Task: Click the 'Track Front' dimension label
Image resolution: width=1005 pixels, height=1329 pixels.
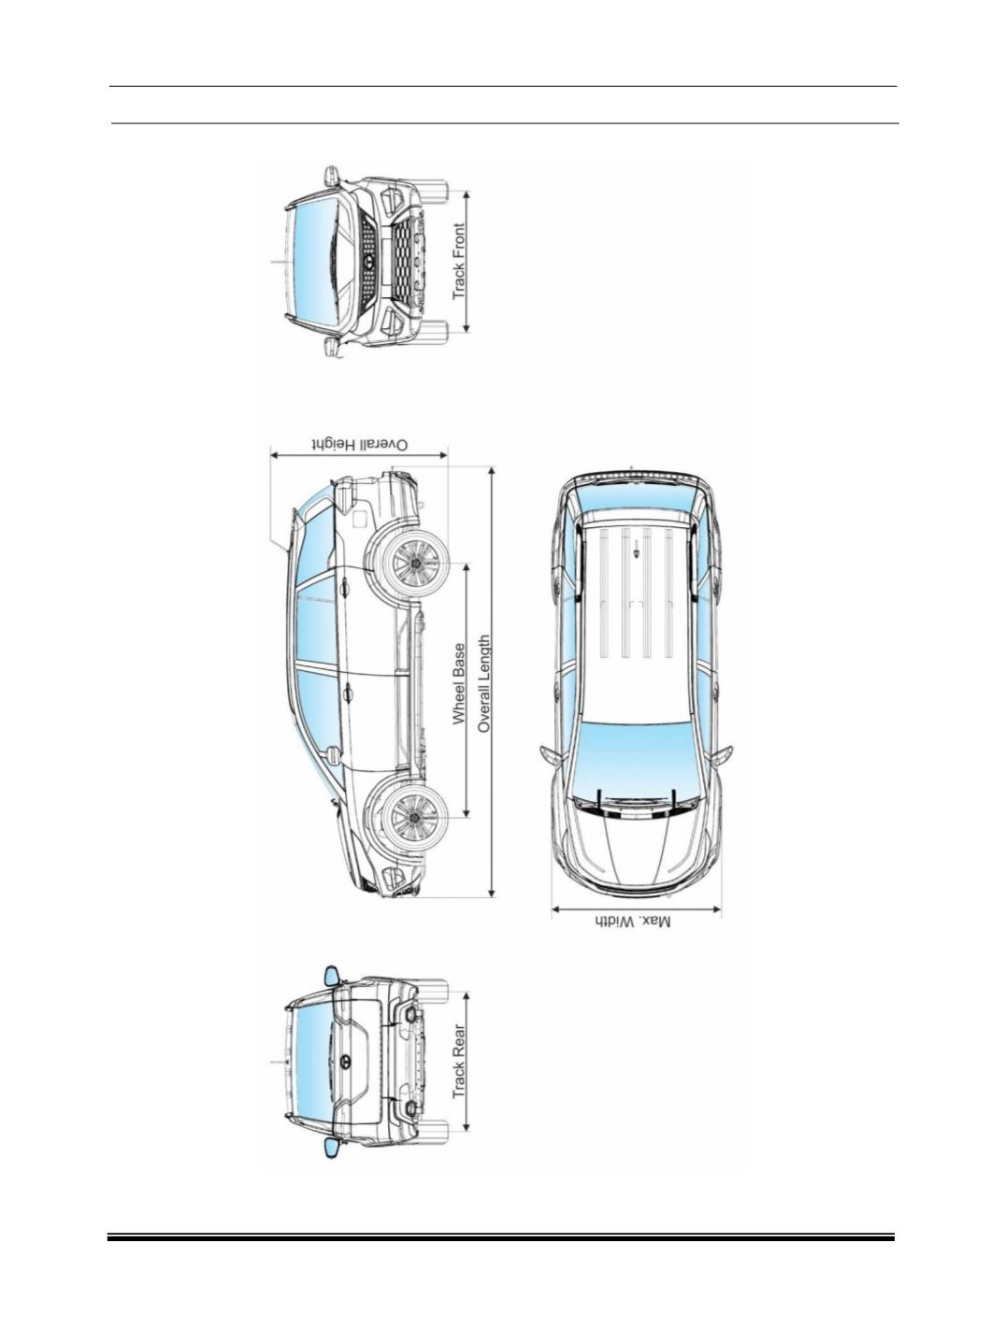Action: coord(460,262)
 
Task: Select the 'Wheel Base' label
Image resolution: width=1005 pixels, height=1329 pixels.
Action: coord(460,683)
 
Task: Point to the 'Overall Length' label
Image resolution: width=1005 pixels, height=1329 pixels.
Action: coord(483,683)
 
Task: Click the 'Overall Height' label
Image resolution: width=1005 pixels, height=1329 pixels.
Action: coord(360,445)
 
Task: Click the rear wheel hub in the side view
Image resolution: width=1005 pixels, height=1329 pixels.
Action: coord(416,563)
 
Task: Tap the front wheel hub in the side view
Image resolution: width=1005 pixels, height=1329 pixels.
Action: coord(416,817)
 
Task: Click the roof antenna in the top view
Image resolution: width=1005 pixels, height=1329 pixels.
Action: coord(637,550)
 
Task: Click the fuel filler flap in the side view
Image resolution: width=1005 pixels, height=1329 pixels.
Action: coord(358,519)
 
